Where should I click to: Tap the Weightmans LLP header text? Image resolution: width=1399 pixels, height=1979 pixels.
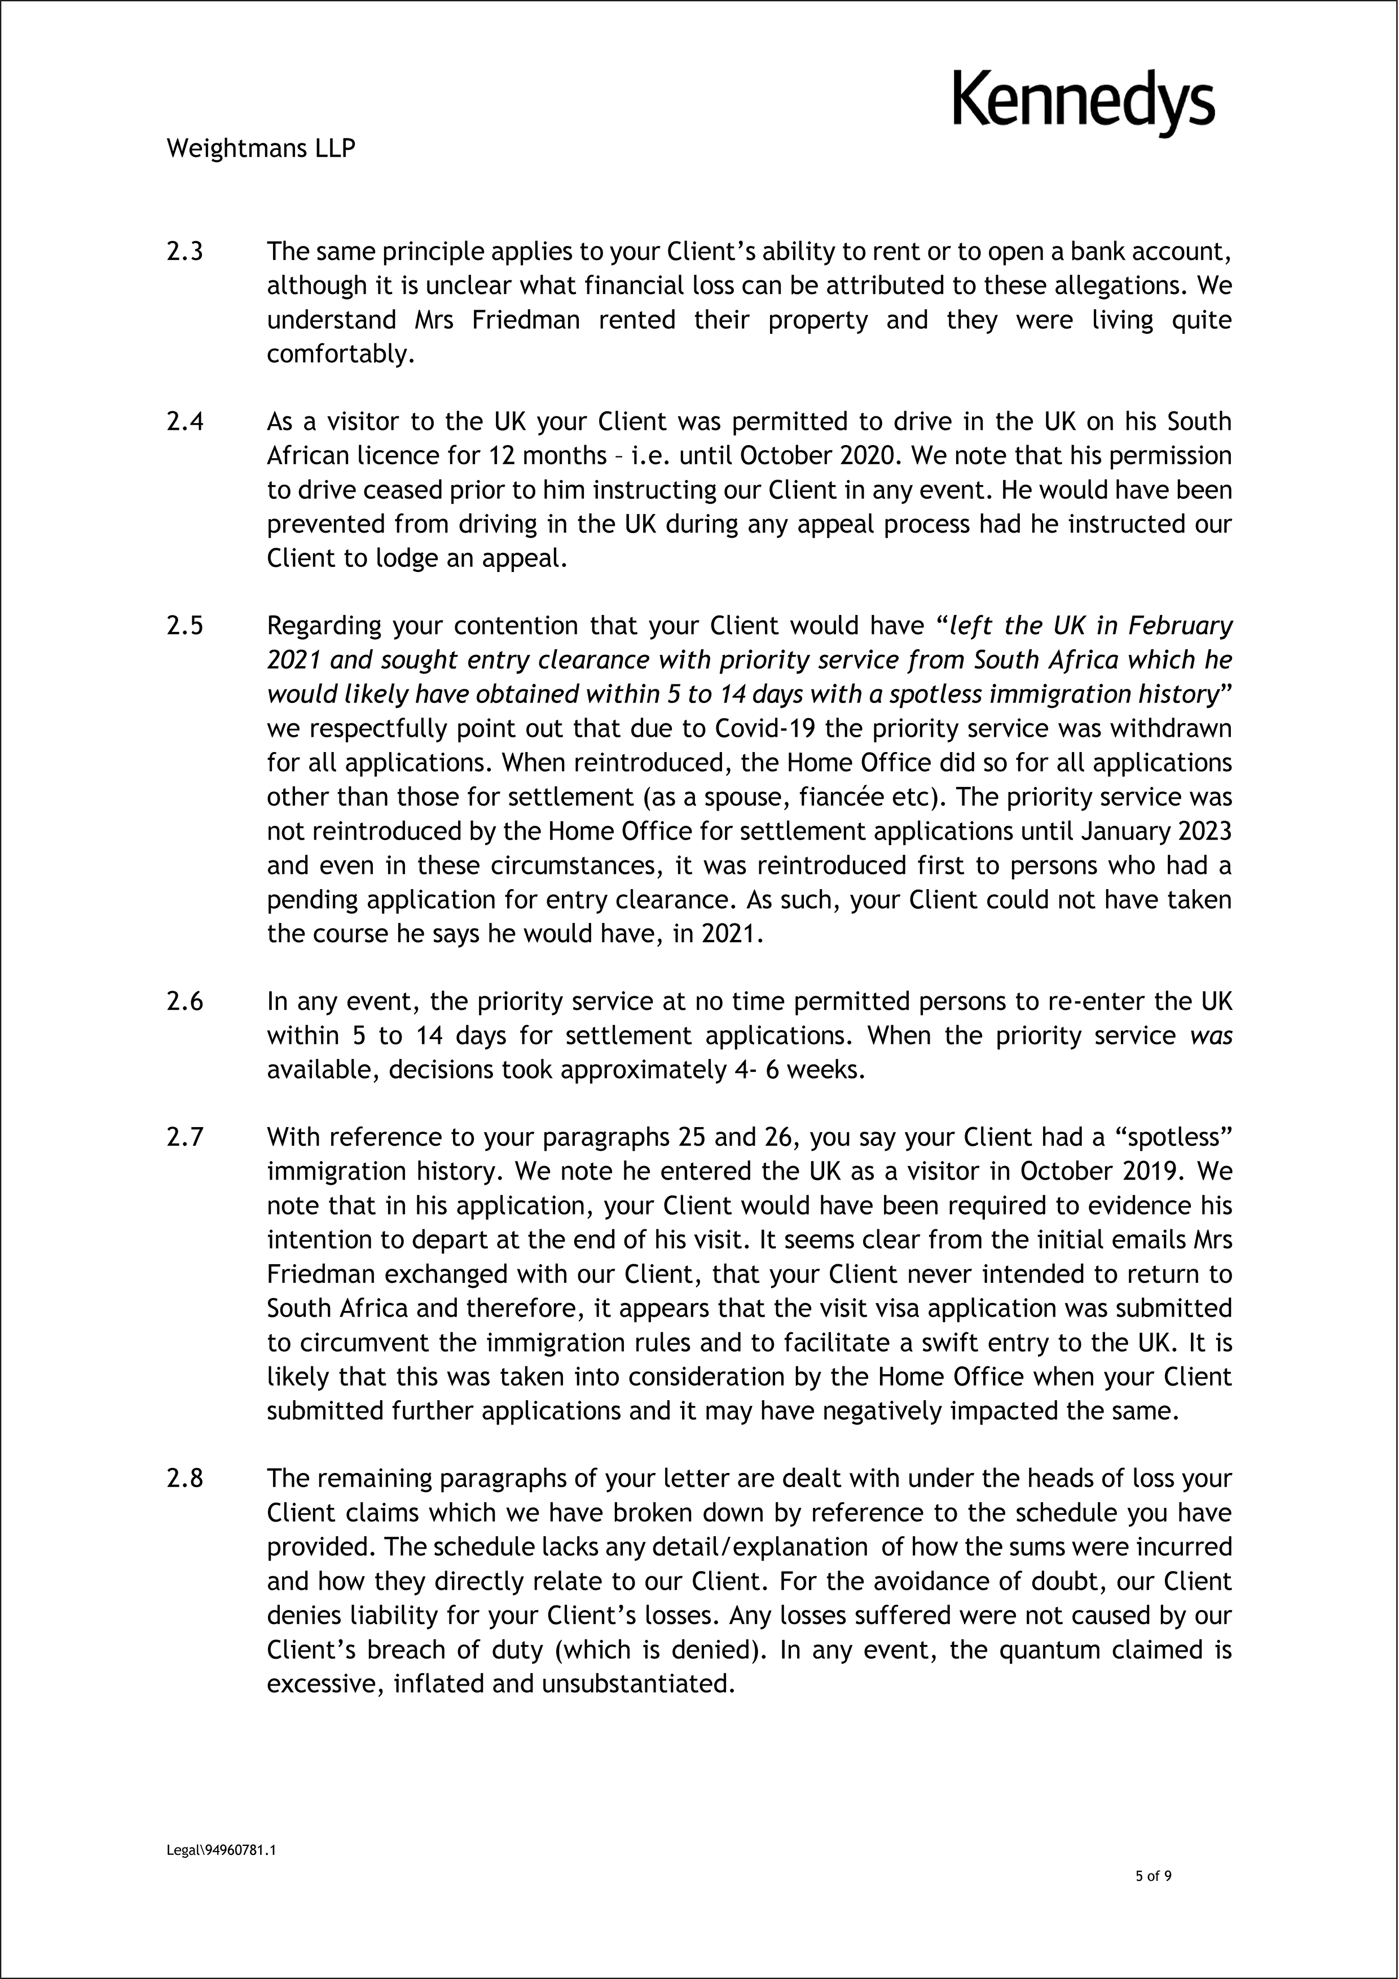pos(260,148)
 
